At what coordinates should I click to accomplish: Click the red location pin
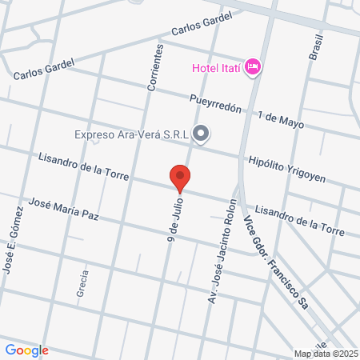point(180,178)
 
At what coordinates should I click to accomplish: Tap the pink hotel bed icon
point(253,66)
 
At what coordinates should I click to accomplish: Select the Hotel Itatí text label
point(216,66)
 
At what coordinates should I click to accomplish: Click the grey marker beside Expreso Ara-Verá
point(201,134)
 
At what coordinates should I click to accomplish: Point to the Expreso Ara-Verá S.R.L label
point(131,134)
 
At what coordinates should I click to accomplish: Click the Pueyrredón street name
point(215,106)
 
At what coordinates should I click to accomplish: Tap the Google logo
point(26,350)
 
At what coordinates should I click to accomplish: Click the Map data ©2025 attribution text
point(326,354)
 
